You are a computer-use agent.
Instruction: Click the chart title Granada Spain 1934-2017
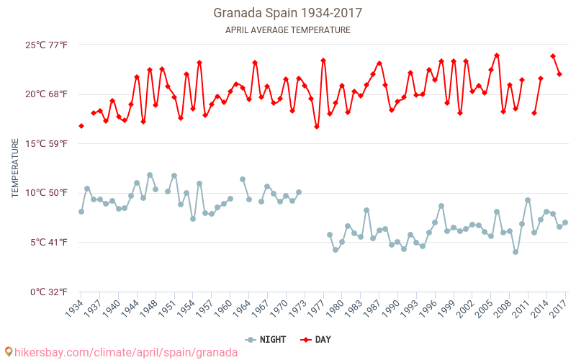tap(287, 13)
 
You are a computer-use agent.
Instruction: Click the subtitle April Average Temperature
tap(287, 30)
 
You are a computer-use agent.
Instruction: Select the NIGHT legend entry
tap(268, 340)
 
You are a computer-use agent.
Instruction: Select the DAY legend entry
tap(316, 340)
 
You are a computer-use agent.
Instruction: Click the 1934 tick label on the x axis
tap(75, 308)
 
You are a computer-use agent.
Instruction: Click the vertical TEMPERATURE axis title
tap(15, 168)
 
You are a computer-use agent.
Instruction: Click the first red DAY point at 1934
tap(81, 126)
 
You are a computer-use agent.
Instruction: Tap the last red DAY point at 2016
tap(559, 74)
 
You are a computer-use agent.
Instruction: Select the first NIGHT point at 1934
tap(81, 212)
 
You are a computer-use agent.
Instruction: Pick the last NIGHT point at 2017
tap(565, 222)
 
